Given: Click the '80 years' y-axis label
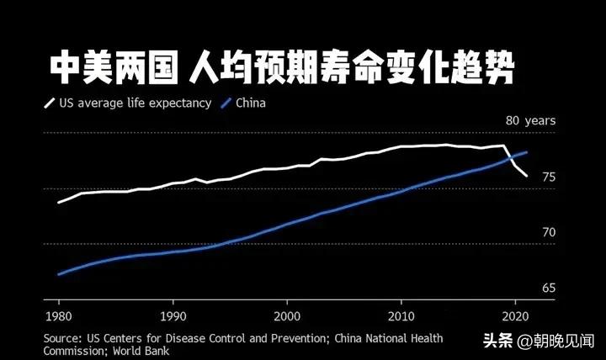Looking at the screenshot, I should pos(530,121).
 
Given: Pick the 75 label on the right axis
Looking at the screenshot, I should pos(549,177).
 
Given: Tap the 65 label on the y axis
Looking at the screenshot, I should pos(549,289).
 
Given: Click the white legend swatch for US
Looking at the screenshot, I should pos(49,104).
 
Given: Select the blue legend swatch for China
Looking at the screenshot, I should pos(225,104).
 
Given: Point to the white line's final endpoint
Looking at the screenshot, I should pos(527,176).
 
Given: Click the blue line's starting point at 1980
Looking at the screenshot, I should pos(58,274).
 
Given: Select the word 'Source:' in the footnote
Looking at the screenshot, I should pos(64,338).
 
